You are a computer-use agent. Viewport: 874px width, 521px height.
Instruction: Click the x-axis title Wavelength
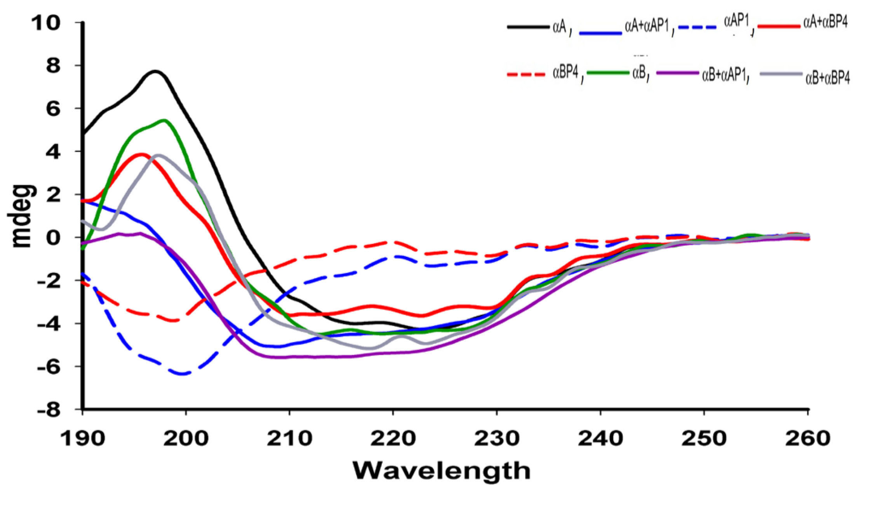441,471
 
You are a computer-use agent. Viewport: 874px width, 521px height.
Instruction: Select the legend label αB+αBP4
827,78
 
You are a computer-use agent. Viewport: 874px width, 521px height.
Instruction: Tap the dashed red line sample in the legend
526,74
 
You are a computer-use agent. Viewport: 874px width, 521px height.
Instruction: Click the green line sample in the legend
608,73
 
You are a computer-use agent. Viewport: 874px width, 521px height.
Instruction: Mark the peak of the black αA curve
155,71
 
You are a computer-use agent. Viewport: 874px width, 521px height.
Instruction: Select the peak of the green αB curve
165,120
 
